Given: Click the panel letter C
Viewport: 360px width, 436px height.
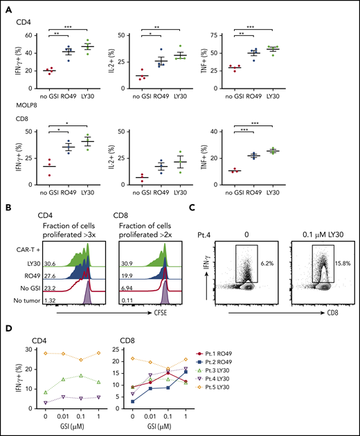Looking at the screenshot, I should click(202, 206).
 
